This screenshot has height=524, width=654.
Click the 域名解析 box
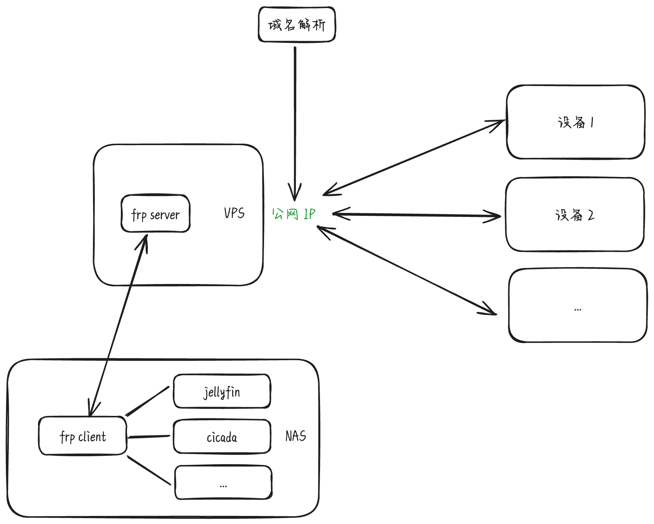[x=297, y=24]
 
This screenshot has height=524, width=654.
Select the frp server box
[x=156, y=213]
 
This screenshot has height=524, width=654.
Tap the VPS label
[x=234, y=213]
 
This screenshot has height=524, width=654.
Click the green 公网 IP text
[x=293, y=214]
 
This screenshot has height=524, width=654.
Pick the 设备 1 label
[x=576, y=122]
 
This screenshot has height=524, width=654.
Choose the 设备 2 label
[x=575, y=215]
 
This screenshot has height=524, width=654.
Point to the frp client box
[x=83, y=436]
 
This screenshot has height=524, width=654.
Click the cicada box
[x=222, y=437]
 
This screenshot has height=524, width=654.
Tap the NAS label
[x=296, y=436]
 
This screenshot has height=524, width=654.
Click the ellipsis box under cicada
[x=224, y=482]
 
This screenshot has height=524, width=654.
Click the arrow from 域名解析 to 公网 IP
[x=295, y=124]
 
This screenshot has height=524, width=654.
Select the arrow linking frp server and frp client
[x=118, y=325]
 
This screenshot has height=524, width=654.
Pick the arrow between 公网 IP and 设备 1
[x=414, y=157]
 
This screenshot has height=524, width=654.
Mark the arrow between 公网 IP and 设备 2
[x=416, y=215]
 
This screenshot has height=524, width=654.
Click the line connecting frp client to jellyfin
[x=148, y=401]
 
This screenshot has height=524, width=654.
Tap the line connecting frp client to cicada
[x=149, y=436]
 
